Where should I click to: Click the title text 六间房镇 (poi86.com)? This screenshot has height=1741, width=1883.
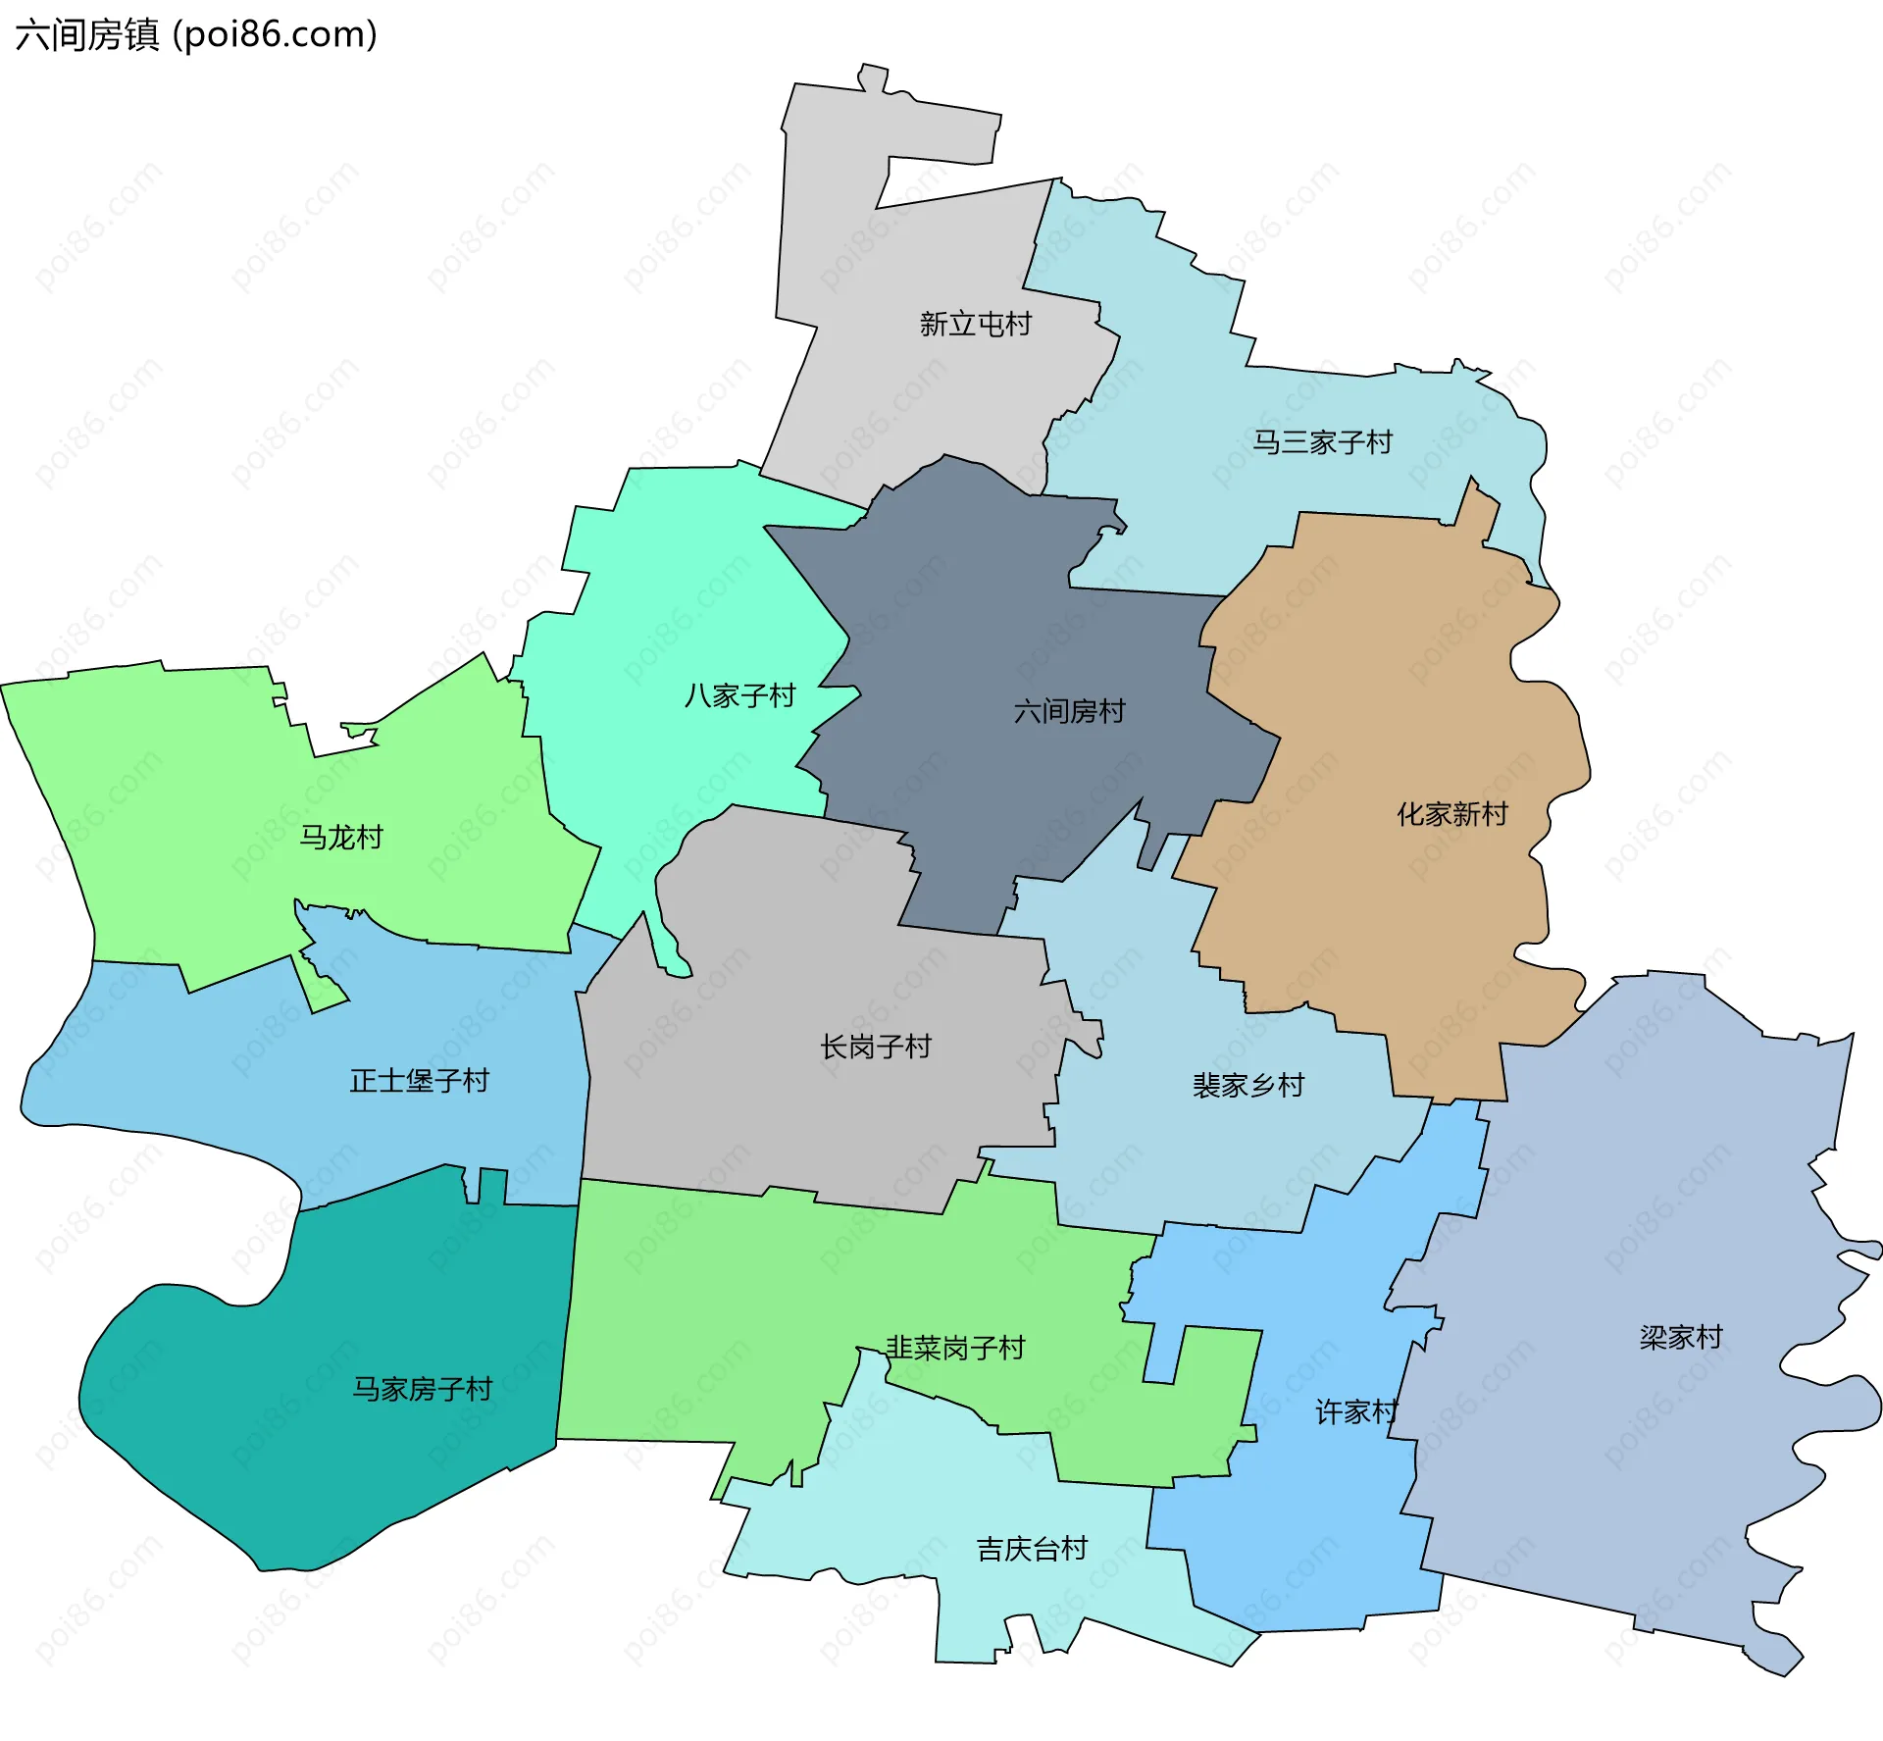coord(196,35)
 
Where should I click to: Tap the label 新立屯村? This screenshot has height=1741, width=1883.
coord(975,324)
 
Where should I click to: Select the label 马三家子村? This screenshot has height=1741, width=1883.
coord(1322,442)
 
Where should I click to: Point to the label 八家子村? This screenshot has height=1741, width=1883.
coord(739,696)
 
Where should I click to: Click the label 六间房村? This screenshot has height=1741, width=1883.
coord(1069,711)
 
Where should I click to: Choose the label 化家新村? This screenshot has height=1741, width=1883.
coord(1451,814)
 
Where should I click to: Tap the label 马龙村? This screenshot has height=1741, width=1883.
coord(340,838)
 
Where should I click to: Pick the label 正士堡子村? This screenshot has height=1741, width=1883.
coord(419,1081)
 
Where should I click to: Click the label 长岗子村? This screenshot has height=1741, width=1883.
coord(875,1048)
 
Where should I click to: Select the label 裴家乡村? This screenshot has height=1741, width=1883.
coord(1247,1086)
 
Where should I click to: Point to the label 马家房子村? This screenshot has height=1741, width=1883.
coord(422,1389)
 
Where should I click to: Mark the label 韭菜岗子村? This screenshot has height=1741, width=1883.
coord(954,1348)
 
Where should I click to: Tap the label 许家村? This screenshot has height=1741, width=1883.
coord(1355,1412)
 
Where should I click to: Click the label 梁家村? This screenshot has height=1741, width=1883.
coord(1680,1338)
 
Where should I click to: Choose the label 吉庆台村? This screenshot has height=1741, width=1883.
coord(1032,1549)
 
